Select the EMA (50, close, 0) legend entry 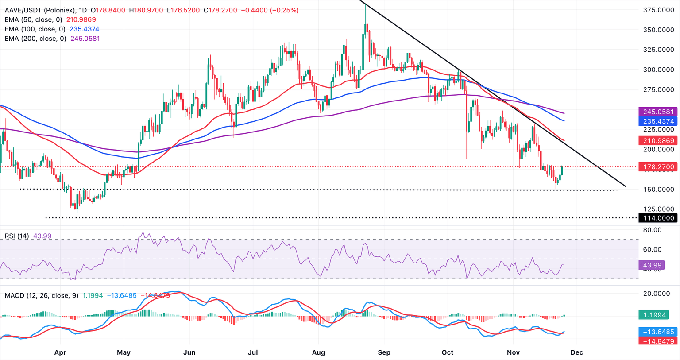click(34, 19)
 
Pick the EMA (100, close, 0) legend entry click(35, 29)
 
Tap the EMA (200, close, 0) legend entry click(35, 39)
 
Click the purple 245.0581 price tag click(658, 112)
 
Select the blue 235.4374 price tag click(658, 121)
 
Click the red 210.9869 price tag click(658, 141)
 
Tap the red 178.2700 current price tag click(658, 167)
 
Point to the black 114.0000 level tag click(658, 218)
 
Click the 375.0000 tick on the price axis click(658, 10)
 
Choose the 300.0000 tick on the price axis click(658, 70)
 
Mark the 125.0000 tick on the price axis click(658, 209)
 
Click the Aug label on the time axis click(318, 352)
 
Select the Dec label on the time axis click(576, 352)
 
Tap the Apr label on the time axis click(60, 352)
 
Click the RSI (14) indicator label click(17, 236)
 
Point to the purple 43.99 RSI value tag click(652, 265)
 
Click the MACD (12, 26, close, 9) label click(42, 295)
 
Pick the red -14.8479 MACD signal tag click(658, 341)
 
